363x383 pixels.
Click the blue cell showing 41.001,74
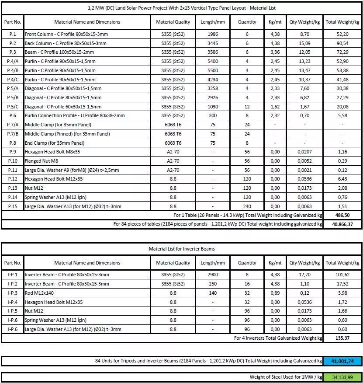pyautogui.click(x=342, y=361)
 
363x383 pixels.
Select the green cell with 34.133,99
pyautogui.click(x=342, y=377)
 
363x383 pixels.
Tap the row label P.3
pyautogui.click(x=12, y=52)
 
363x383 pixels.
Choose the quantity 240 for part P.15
pyautogui.click(x=247, y=206)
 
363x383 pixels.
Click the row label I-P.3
pyautogui.click(x=12, y=293)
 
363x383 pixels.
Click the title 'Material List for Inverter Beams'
pyautogui.click(x=182, y=249)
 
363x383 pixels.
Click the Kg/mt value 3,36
pyautogui.click(x=275, y=52)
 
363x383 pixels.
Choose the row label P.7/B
pyautogui.click(x=12, y=134)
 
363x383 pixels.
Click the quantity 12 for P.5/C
pyautogui.click(x=247, y=107)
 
